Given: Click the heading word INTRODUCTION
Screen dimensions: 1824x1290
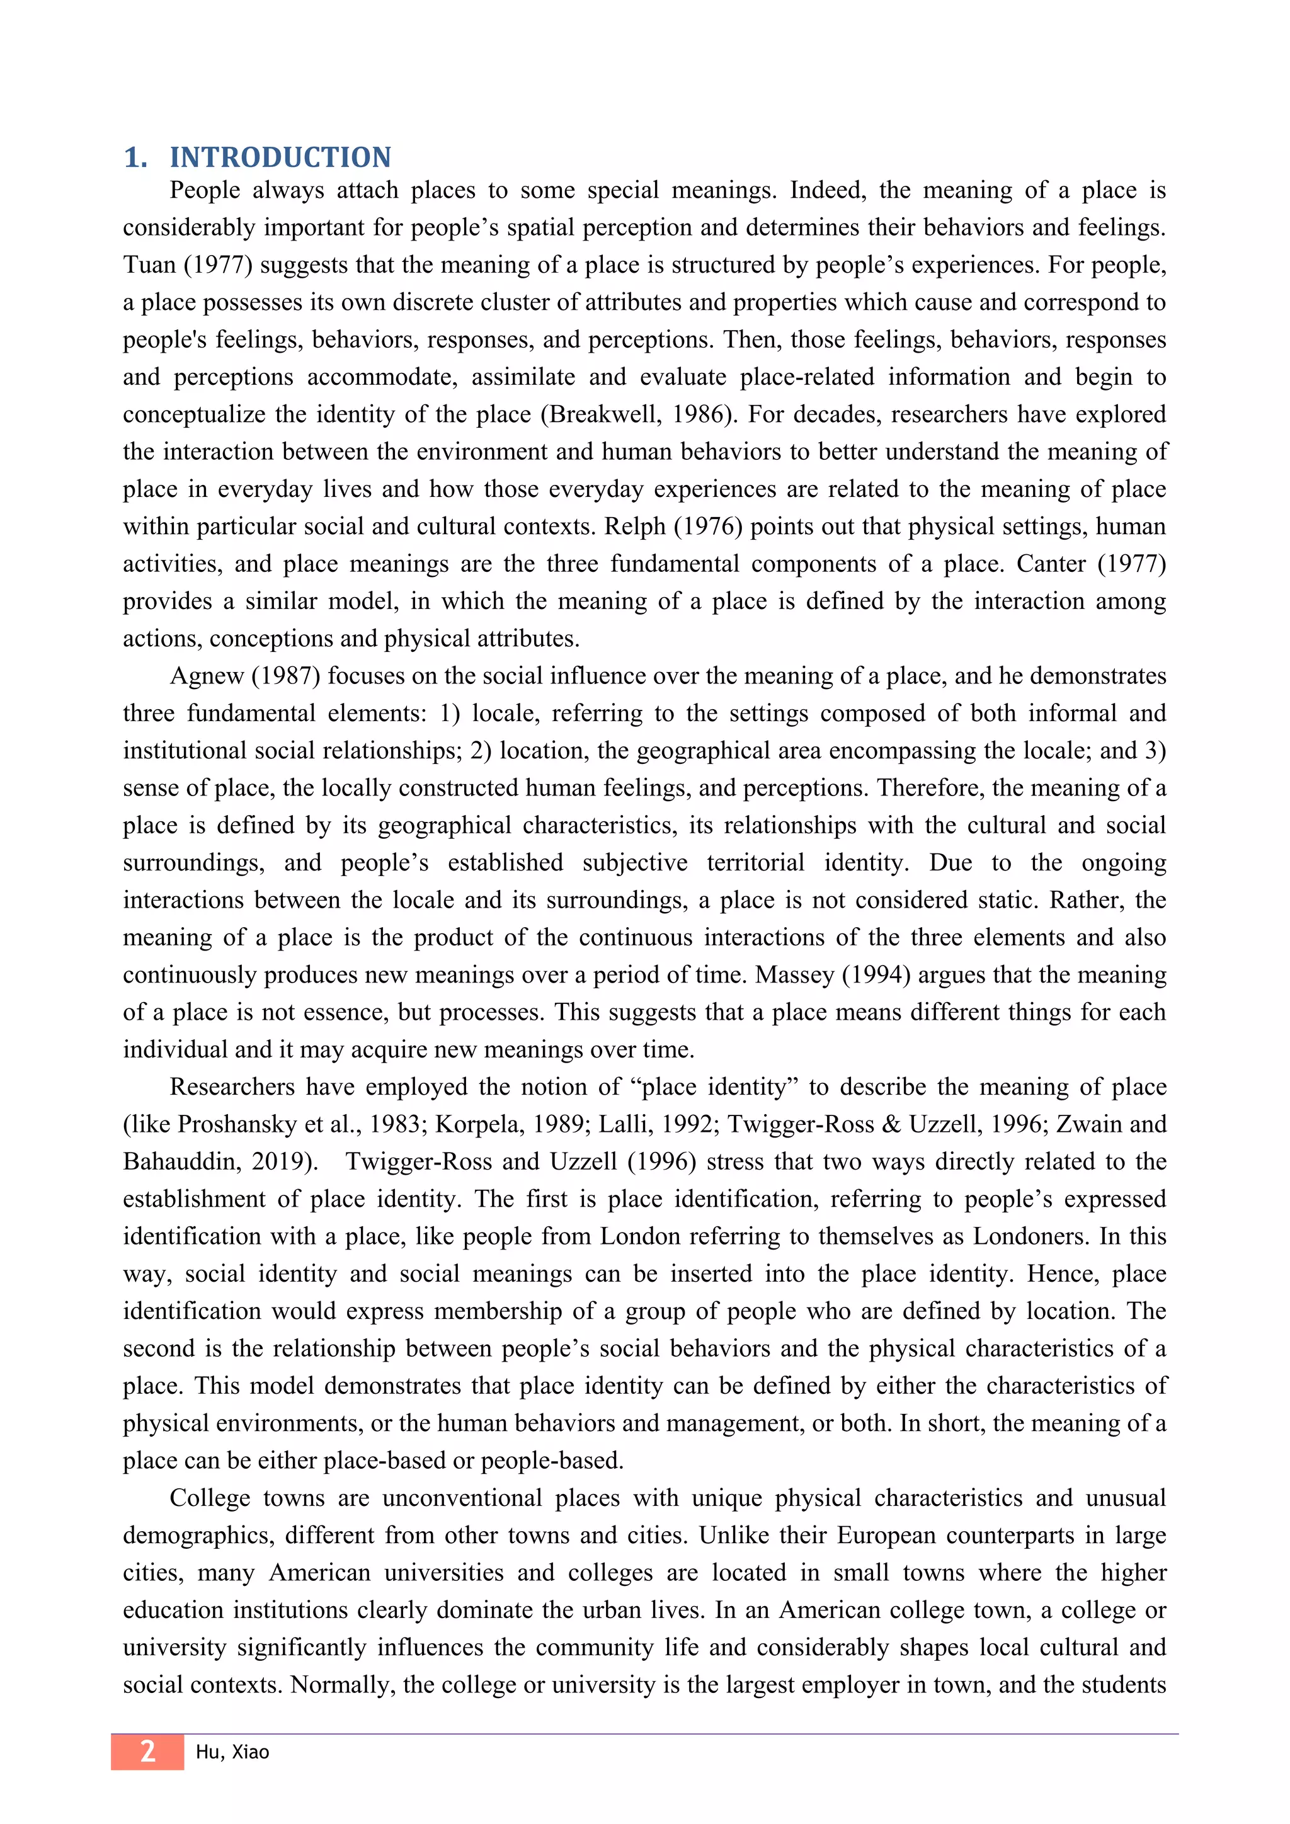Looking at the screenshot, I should pyautogui.click(x=280, y=157).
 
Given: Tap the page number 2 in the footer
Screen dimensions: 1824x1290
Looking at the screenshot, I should pyautogui.click(x=148, y=1751).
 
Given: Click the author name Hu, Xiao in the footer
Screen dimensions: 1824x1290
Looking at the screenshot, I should pyautogui.click(x=232, y=1752).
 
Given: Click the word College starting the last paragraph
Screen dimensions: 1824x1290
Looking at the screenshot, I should pyautogui.click(x=210, y=1498).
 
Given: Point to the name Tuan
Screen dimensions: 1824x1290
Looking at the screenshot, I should pyautogui.click(x=149, y=265).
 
